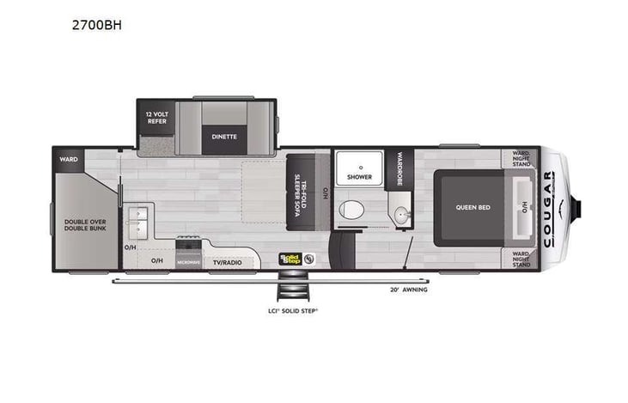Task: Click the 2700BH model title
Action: click(x=97, y=25)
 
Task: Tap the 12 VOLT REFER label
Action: click(x=155, y=118)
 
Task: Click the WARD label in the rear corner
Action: click(x=68, y=159)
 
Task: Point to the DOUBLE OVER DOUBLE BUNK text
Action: click(x=84, y=225)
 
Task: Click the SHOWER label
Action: click(x=359, y=177)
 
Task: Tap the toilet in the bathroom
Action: click(x=351, y=209)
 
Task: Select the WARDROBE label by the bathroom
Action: click(x=399, y=170)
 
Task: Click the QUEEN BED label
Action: click(x=472, y=206)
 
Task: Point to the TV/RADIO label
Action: click(x=228, y=260)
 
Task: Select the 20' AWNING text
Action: click(x=408, y=290)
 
